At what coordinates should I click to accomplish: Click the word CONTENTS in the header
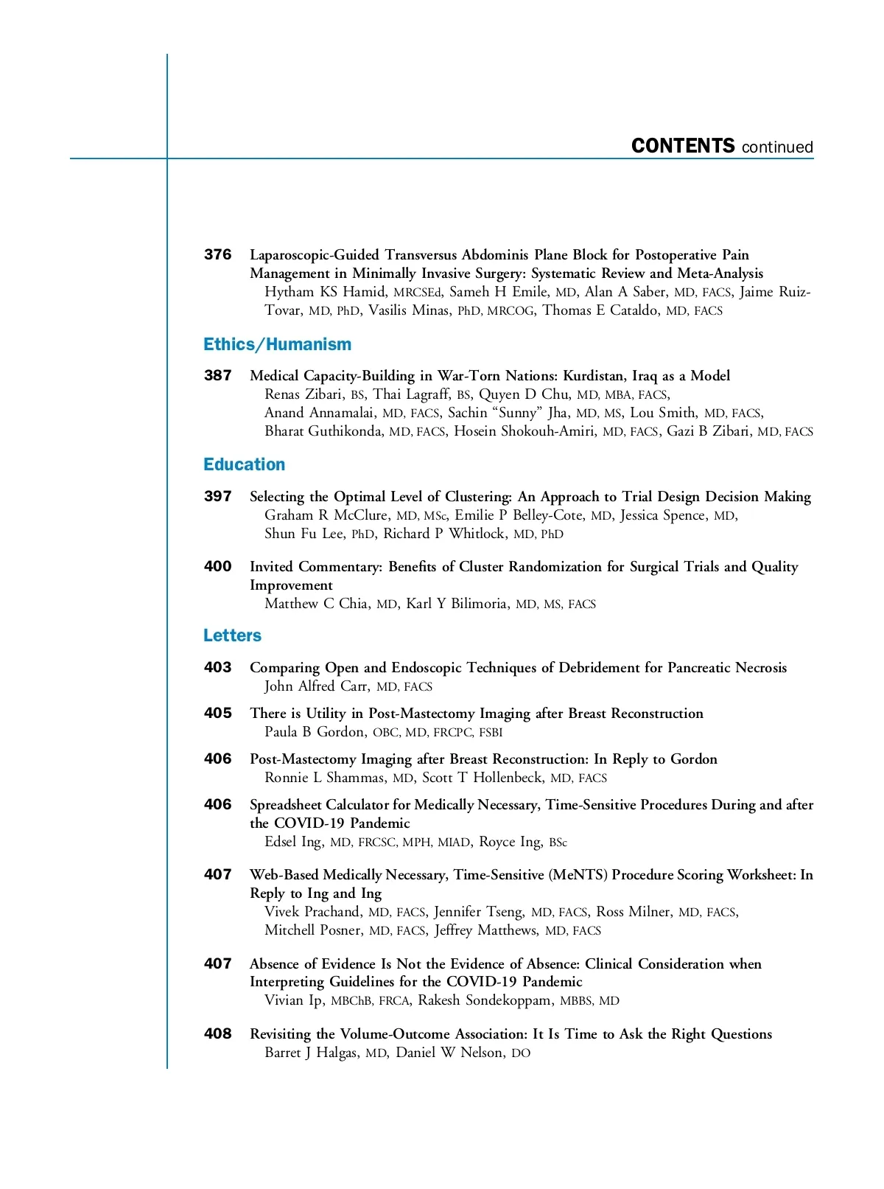click(683, 146)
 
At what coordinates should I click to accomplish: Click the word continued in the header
click(777, 147)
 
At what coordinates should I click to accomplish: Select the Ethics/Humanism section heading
click(277, 344)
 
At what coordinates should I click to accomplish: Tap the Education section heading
click(244, 464)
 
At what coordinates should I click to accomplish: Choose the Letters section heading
click(232, 635)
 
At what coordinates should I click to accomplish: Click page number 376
click(217, 255)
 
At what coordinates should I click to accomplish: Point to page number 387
click(217, 376)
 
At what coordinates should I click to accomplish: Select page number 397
click(217, 497)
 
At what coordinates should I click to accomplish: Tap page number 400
click(217, 567)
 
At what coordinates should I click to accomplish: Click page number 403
click(217, 668)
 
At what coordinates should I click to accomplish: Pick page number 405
click(217, 714)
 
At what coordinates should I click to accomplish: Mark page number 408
click(217, 1034)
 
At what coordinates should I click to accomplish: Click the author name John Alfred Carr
click(317, 686)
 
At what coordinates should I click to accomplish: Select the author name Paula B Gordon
click(315, 732)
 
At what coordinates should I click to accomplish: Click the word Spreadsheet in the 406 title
click(286, 805)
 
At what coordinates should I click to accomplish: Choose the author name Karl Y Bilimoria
click(456, 604)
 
